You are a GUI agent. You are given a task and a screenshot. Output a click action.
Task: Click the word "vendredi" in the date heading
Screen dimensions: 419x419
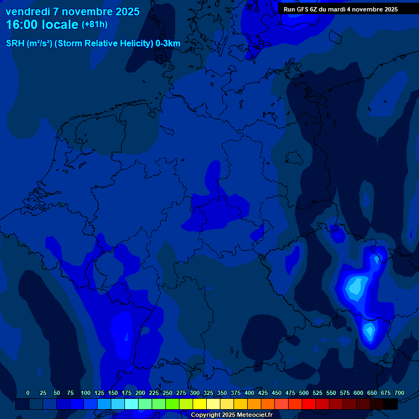coord(28,11)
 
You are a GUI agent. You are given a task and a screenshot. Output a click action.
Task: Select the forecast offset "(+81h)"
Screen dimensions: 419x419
coord(94,25)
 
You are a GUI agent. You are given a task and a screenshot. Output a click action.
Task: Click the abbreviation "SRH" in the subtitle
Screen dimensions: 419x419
coord(15,44)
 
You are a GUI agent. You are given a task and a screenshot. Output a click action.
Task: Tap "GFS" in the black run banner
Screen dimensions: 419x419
coord(309,9)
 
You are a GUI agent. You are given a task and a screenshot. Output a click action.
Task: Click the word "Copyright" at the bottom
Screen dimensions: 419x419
coord(207,415)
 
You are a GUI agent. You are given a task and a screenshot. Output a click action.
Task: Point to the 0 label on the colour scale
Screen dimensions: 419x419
coord(28,393)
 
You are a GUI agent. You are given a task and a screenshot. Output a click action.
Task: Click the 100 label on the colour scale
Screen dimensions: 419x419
coord(86,393)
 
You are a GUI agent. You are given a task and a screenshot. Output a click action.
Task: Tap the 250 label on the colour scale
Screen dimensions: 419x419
coord(167,393)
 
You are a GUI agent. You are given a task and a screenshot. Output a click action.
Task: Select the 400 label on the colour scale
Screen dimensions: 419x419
coord(249,393)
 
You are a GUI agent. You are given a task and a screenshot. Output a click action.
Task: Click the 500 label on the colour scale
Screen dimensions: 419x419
coord(304,393)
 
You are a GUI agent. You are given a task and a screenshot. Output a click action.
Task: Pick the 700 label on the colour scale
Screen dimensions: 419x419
coord(399,393)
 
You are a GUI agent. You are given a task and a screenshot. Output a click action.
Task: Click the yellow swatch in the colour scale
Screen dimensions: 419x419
coord(200,404)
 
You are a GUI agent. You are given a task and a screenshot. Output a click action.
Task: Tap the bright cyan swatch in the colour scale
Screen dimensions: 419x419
coord(131,404)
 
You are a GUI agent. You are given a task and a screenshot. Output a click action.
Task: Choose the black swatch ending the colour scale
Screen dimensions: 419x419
coord(391,404)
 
